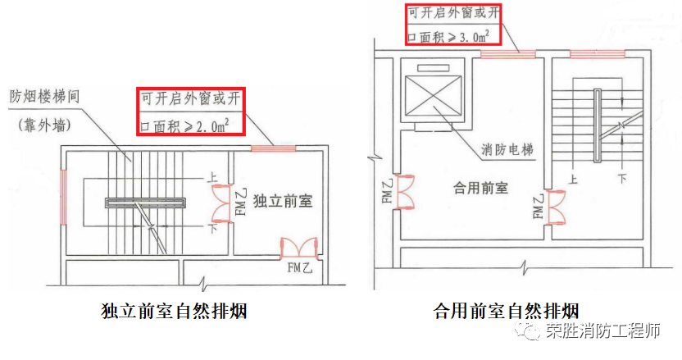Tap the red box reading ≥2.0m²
coord(191,112)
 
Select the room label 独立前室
coord(283,201)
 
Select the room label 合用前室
coord(480,188)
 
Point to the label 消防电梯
coord(507,149)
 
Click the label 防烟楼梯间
coord(45,96)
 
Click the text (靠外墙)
coord(44,125)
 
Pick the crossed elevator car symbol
coord(433,97)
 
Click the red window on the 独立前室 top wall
coord(273,148)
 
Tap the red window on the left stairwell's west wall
coord(63,197)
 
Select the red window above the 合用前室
coord(507,54)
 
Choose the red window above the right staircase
coord(598,54)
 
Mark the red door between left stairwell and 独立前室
coord(223,203)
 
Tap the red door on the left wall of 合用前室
coord(403,193)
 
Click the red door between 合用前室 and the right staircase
coord(555,207)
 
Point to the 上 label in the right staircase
coord(573,179)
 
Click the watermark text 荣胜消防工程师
coord(603,331)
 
